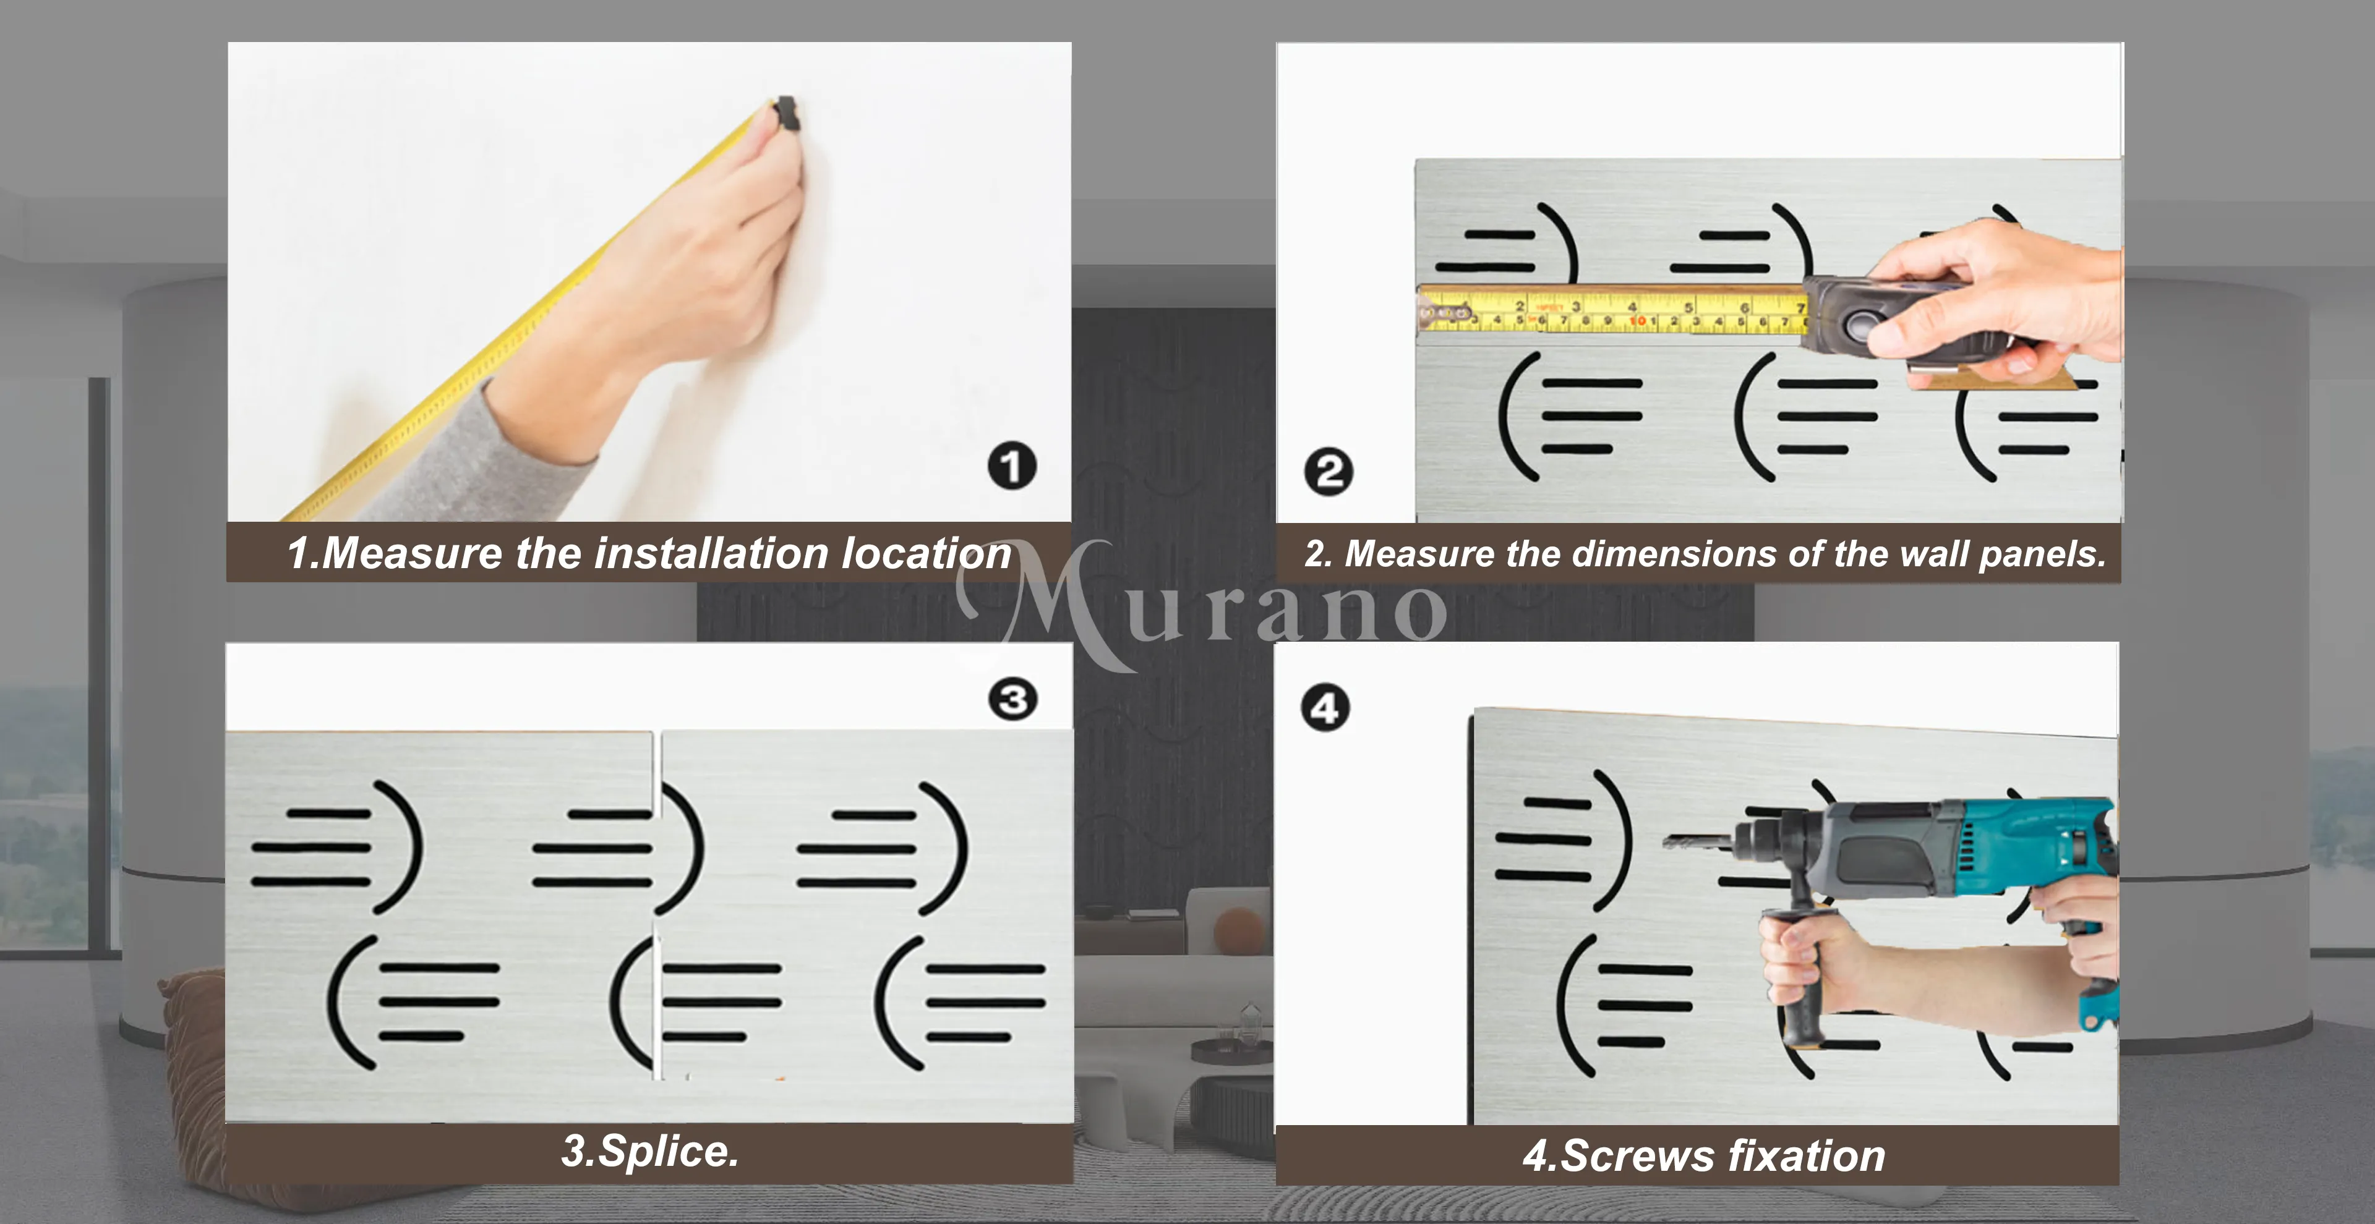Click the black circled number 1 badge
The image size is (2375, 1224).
pyautogui.click(x=1011, y=465)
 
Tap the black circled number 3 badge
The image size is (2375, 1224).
pyautogui.click(x=1012, y=700)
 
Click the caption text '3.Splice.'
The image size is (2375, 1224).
pyautogui.click(x=650, y=1151)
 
